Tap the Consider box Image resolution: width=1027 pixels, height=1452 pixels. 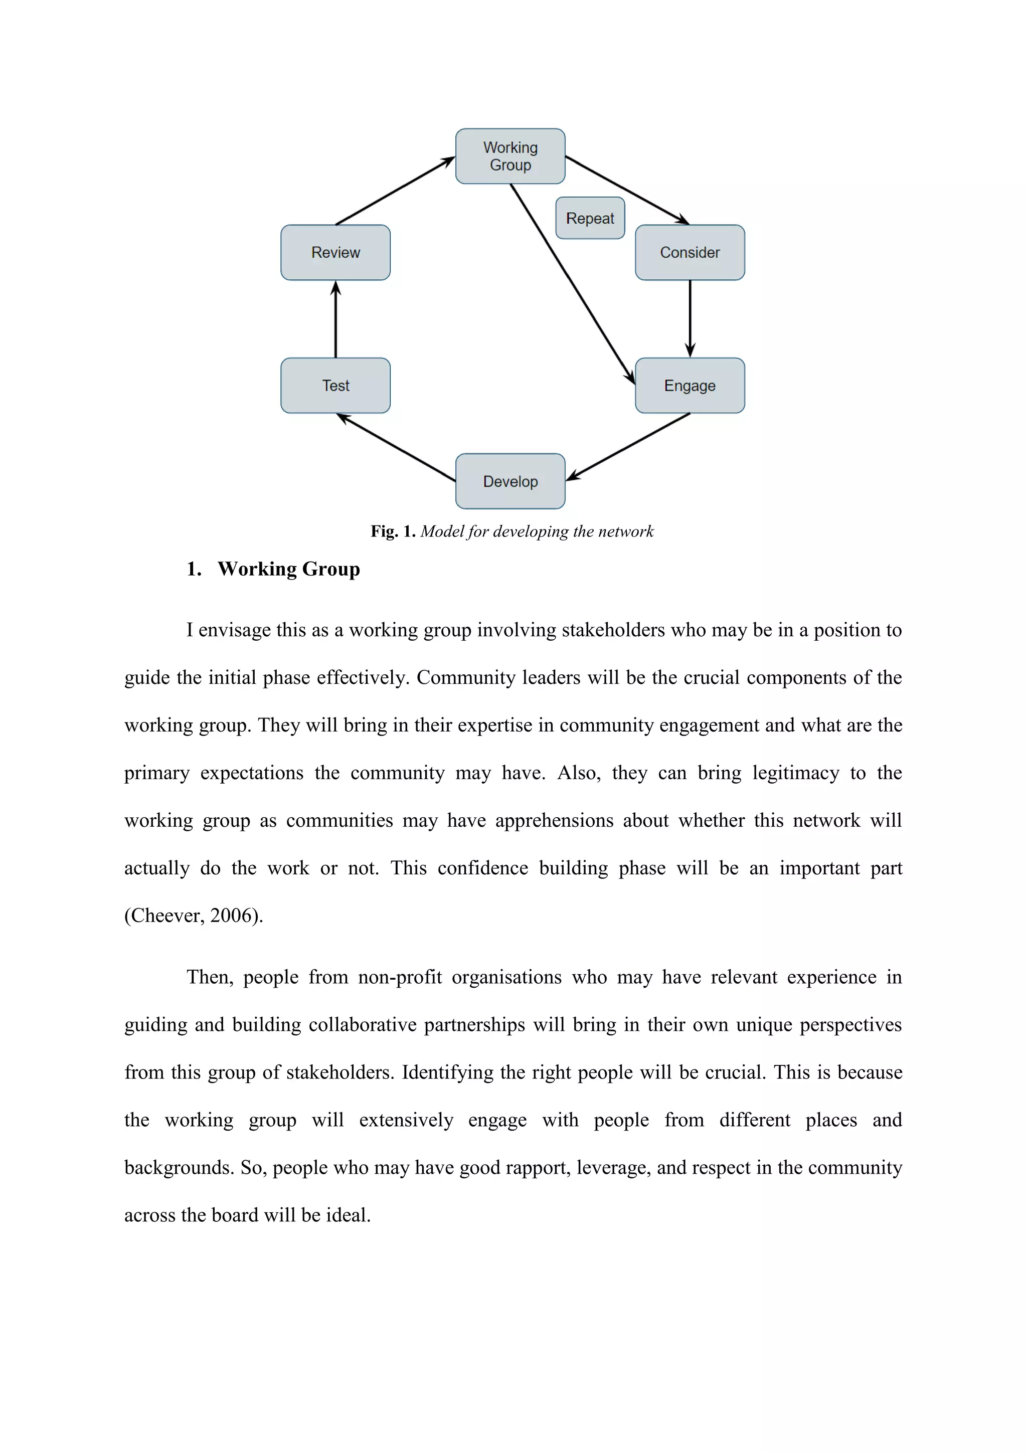690,252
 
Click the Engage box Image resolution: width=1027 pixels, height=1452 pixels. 690,386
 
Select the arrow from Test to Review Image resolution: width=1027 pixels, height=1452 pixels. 336,319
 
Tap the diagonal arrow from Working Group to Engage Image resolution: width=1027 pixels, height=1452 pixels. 572,285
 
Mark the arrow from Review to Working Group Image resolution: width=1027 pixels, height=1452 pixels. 395,191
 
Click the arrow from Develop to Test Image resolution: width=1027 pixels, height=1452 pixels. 396,448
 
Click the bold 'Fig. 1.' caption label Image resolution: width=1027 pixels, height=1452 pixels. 393,531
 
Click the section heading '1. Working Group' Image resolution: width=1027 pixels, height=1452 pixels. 273,569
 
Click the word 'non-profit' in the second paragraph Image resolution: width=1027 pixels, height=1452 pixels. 400,977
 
